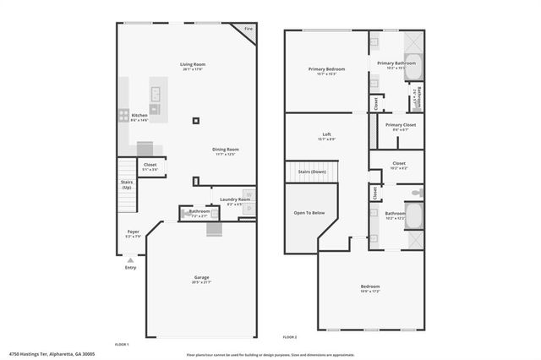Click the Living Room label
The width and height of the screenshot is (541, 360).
coord(193,64)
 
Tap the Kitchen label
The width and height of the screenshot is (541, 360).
coord(139,115)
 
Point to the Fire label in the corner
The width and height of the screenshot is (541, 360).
coord(249,30)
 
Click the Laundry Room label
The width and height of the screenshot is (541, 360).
coord(235,199)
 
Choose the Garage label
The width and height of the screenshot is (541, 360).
coord(202,277)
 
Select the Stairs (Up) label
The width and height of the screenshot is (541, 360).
coord(126,183)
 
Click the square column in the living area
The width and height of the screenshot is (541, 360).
coord(196,120)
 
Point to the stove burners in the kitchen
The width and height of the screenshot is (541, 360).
coord(123,115)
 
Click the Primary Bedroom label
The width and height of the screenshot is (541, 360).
coord(326,71)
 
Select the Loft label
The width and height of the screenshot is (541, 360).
coord(326,135)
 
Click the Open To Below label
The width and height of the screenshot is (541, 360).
coord(309,213)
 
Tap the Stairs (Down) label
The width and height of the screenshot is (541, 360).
coord(313,172)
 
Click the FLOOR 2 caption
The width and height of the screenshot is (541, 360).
coord(290,337)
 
